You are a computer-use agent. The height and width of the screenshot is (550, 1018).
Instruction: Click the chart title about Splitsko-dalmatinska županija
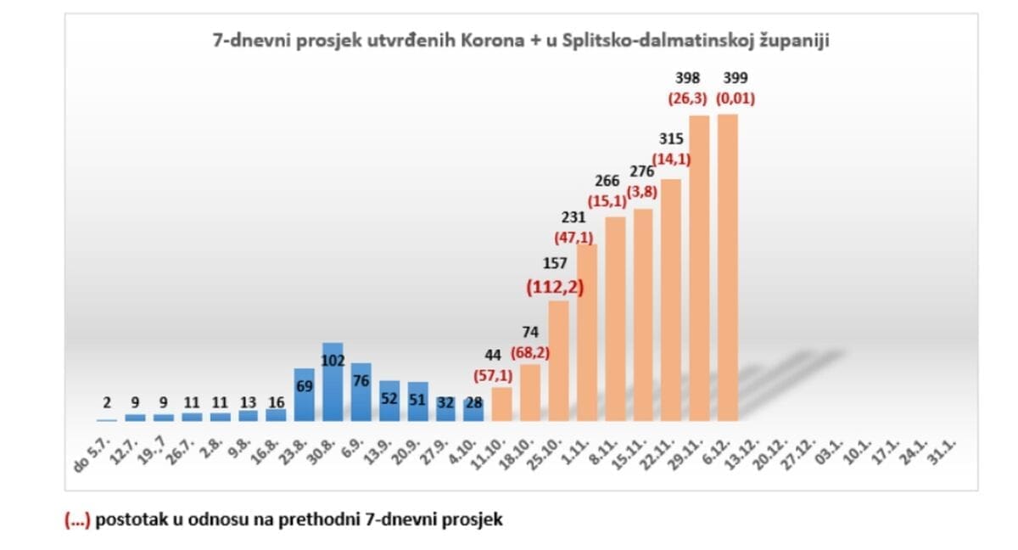tap(520, 41)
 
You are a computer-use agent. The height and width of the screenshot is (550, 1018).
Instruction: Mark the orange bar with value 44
tap(502, 404)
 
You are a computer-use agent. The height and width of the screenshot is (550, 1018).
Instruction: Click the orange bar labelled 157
tap(558, 361)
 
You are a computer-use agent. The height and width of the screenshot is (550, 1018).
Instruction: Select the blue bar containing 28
tap(473, 408)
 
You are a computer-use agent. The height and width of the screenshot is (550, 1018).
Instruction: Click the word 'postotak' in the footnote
tap(127, 519)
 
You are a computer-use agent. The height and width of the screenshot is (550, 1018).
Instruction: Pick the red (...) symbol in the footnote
tap(77, 519)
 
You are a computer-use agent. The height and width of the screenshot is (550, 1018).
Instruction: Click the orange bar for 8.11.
tap(615, 319)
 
